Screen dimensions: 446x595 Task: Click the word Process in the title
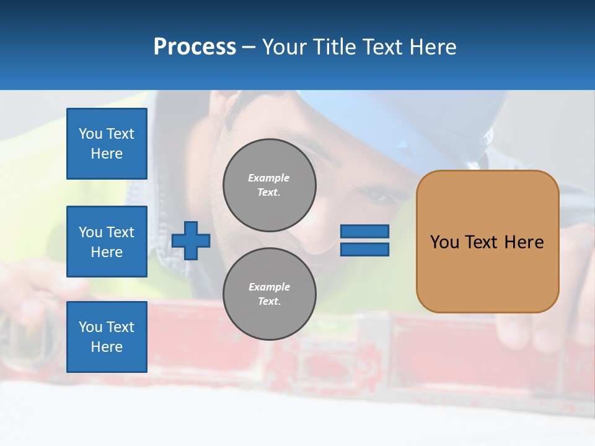pyautogui.click(x=195, y=47)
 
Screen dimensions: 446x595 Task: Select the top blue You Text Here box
pyautogui.click(x=107, y=144)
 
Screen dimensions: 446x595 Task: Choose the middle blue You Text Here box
pyautogui.click(x=107, y=242)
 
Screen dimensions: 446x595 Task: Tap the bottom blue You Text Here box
pyautogui.click(x=107, y=336)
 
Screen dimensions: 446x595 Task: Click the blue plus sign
pyautogui.click(x=191, y=240)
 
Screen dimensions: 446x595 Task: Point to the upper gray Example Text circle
pyautogui.click(x=269, y=185)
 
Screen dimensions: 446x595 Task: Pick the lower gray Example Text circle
pyautogui.click(x=269, y=294)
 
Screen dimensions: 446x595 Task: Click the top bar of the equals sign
pyautogui.click(x=364, y=231)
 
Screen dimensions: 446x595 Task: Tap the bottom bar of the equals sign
pyautogui.click(x=364, y=249)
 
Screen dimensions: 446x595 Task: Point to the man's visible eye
pyautogui.click(x=374, y=194)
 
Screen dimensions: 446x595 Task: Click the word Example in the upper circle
pyautogui.click(x=268, y=178)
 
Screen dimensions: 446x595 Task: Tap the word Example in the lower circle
pyautogui.click(x=269, y=287)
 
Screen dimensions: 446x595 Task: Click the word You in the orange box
pyautogui.click(x=444, y=242)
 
